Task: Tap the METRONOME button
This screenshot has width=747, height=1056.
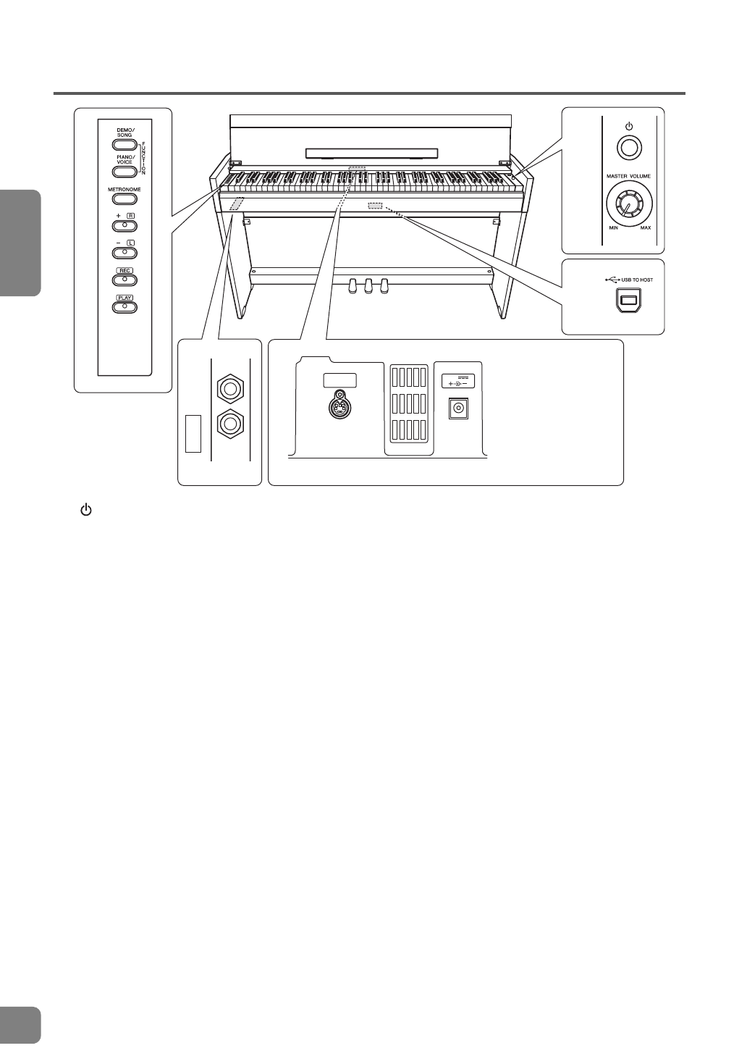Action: (124, 198)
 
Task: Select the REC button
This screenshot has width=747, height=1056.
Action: (124, 279)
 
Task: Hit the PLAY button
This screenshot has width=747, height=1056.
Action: (124, 306)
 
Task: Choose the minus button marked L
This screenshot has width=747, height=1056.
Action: (124, 252)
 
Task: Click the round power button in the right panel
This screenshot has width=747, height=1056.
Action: (628, 148)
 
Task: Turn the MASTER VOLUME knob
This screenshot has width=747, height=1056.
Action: (628, 203)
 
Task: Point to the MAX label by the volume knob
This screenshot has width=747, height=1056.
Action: (645, 228)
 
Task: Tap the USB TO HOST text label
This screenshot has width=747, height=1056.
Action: (633, 280)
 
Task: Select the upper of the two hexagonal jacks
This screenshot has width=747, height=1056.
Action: (230, 389)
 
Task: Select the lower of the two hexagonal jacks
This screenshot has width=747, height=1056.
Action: (230, 422)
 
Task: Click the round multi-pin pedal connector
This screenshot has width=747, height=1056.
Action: (339, 407)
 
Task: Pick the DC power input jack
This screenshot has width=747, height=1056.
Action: (457, 408)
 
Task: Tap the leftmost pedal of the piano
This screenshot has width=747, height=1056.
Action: (355, 285)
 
